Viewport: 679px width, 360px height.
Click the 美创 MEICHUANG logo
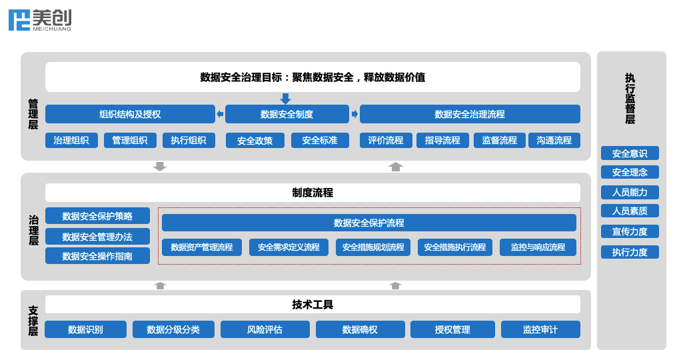40,20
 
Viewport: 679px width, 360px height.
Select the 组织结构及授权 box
130,114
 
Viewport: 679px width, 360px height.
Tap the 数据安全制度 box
287,114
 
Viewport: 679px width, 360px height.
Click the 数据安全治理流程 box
470,114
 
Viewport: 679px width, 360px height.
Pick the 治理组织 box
71,140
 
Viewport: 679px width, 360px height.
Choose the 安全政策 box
255,141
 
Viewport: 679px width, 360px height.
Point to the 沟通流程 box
554,140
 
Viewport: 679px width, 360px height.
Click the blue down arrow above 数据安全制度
286,99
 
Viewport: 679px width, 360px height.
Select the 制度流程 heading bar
313,193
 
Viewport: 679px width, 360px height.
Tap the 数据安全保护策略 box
97,216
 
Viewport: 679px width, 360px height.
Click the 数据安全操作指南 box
97,256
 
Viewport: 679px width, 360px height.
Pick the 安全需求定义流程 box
289,247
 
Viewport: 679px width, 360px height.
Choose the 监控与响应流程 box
538,247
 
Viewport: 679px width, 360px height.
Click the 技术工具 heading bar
313,305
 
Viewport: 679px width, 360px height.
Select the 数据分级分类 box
173,329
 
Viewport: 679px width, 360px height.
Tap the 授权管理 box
452,329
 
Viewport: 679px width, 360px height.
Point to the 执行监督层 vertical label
630,99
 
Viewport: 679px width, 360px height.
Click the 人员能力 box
630,192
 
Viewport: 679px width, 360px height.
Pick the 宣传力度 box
630,231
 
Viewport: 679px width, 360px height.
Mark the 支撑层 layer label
33,321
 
